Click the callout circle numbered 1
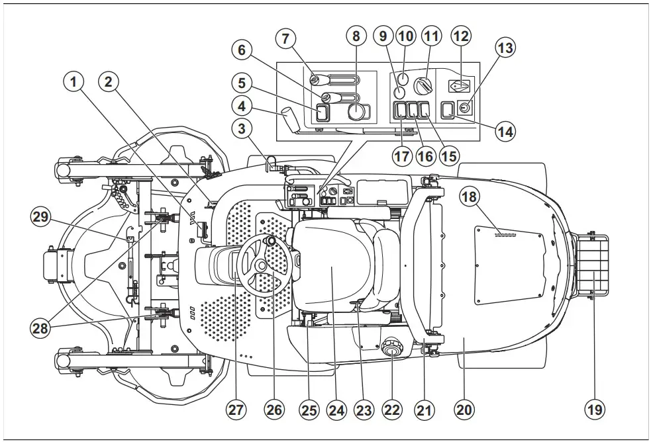pyautogui.click(x=74, y=82)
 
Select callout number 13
pyautogui.click(x=506, y=48)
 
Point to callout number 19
pyautogui.click(x=595, y=410)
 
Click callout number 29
pyautogui.click(x=41, y=218)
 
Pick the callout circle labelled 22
pyautogui.click(x=392, y=410)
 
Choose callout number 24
pyautogui.click(x=336, y=410)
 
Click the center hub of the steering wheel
pyautogui.click(x=259, y=265)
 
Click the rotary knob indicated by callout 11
pyautogui.click(x=421, y=86)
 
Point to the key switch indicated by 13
pyautogui.click(x=466, y=107)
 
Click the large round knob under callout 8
pyautogui.click(x=356, y=112)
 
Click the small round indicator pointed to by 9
pyautogui.click(x=400, y=92)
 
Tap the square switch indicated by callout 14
pyautogui.click(x=448, y=108)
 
